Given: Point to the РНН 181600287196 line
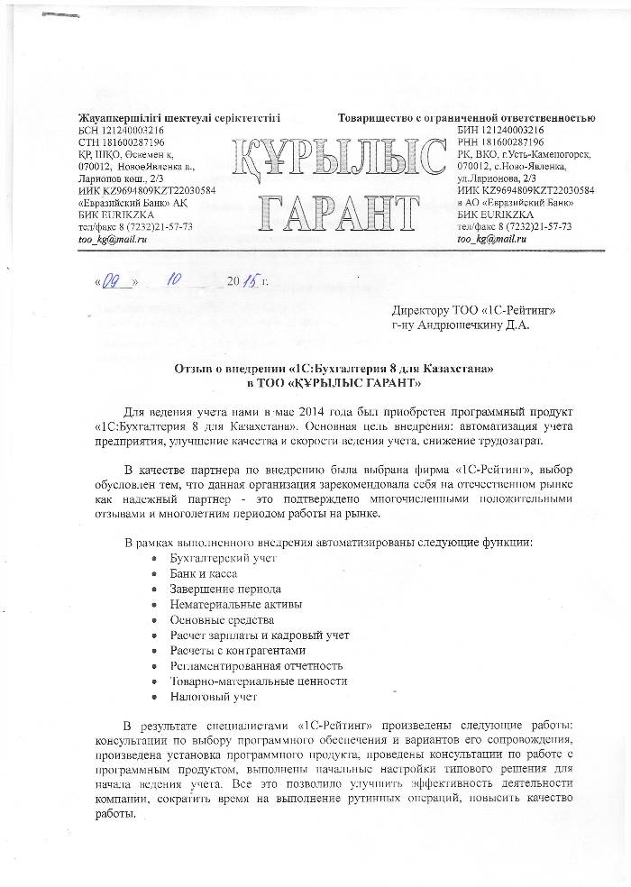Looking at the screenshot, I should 500,142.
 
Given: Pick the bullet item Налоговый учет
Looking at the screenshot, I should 214,697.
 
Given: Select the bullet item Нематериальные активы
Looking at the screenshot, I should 236,605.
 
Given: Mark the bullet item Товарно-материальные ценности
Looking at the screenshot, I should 259,681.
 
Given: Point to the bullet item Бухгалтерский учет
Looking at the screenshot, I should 223,559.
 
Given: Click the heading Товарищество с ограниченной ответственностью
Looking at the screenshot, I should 466,118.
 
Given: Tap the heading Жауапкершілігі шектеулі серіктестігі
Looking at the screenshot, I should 180,118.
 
